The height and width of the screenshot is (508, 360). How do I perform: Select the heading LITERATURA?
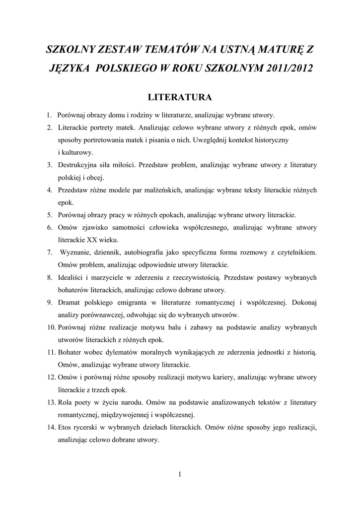[x=180, y=96]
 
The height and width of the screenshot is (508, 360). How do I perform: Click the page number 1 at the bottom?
[x=180, y=474]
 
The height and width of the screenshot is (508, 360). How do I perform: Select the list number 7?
[x=50, y=253]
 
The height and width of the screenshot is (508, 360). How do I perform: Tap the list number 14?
[x=51, y=427]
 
